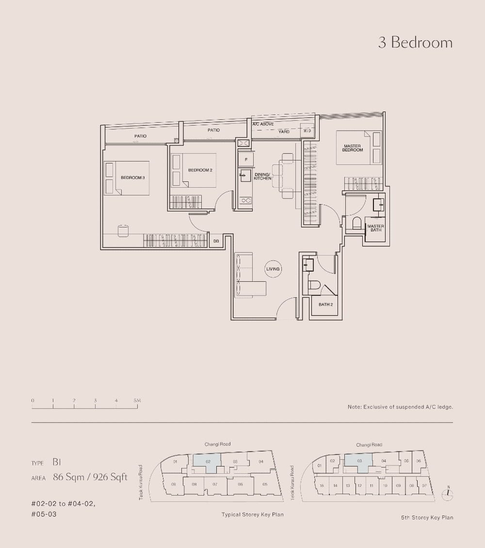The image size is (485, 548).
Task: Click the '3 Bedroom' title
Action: point(415,43)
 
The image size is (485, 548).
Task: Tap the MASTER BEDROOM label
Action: point(353,148)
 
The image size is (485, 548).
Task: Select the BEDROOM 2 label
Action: point(200,170)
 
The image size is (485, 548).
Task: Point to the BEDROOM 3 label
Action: point(133,178)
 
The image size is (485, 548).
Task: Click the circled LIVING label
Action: point(274,269)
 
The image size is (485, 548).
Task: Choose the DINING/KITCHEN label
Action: point(262,177)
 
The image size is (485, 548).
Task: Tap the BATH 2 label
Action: point(325,305)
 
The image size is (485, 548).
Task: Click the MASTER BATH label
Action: point(375,228)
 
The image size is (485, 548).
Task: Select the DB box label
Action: point(216,241)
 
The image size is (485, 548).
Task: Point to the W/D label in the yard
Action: point(307,131)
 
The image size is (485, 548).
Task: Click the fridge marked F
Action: point(246,160)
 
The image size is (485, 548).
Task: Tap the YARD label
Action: point(284,131)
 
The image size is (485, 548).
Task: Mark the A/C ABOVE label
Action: point(263,124)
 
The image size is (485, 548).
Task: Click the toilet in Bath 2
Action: point(313,287)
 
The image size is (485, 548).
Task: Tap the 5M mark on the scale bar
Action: point(137,401)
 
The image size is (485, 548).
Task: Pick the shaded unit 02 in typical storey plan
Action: point(208,461)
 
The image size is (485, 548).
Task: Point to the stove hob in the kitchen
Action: point(246,200)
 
